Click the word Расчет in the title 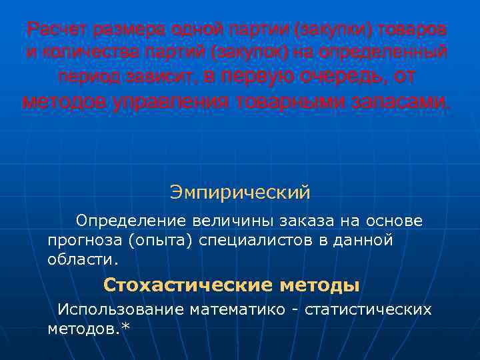pos(55,29)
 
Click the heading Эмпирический pos(240,193)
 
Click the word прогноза pos(84,240)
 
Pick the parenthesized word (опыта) pos(161,240)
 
